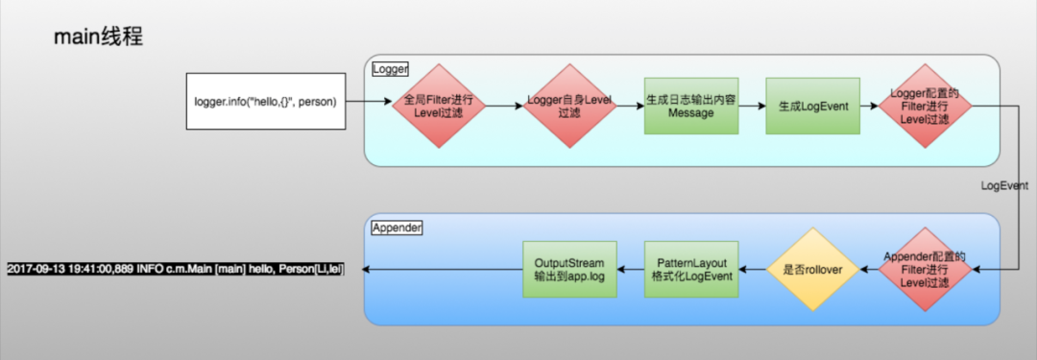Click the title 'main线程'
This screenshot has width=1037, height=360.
point(99,38)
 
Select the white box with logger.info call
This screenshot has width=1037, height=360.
point(265,101)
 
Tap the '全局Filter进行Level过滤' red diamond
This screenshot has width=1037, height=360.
point(437,107)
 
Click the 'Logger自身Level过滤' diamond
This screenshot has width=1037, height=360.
point(569,107)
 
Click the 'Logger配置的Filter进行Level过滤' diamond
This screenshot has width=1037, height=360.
point(926,107)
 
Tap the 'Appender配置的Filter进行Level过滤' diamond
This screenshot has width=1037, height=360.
point(926,270)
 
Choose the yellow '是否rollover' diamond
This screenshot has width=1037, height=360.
point(808,270)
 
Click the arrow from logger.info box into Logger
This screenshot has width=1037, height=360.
point(368,102)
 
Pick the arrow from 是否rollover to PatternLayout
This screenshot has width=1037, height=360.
point(750,270)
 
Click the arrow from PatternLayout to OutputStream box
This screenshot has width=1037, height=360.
point(630,270)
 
